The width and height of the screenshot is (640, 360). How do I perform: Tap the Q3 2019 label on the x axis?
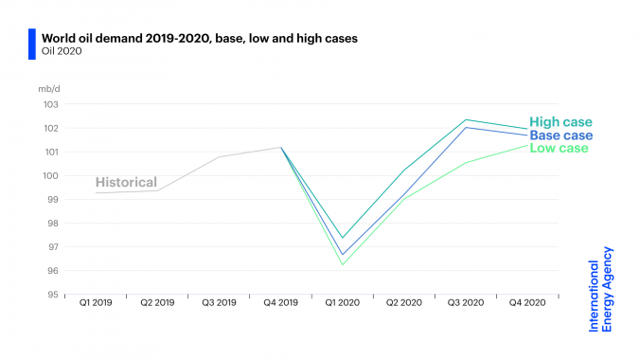pos(219,304)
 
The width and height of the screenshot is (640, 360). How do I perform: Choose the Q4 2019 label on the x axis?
pos(280,304)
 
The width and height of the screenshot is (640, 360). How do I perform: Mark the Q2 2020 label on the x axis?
pos(403,304)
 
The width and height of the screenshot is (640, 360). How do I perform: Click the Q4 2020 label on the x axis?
pos(527,304)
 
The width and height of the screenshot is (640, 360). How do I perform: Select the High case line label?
pos(560,122)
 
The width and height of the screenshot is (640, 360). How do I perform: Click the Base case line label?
pos(560,135)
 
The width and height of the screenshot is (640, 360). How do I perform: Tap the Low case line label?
pos(559,148)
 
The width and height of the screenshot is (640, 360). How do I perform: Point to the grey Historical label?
pos(125,183)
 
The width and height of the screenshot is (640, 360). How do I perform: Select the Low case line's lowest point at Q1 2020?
pos(342,264)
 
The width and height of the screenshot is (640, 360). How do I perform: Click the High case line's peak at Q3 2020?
pos(466,119)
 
